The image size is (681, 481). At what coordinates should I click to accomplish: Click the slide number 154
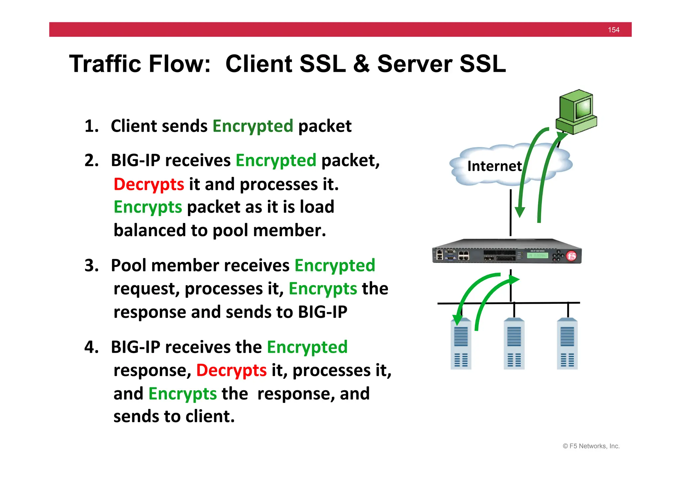coord(613,30)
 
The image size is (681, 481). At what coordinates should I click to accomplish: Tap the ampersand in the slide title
coord(361,64)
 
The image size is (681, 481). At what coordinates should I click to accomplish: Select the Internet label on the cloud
coord(494,166)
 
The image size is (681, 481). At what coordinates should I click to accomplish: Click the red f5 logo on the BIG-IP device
coord(571,256)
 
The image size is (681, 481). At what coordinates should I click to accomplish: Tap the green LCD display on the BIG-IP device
coord(537,255)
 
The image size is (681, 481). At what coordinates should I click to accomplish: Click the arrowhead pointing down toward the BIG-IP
coord(520,212)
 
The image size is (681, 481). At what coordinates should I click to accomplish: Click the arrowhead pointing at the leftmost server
coord(458,319)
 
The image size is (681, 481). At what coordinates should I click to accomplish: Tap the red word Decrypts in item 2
coord(149,184)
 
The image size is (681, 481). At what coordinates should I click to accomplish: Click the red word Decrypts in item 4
coord(231,370)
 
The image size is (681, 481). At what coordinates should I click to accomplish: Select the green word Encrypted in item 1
coord(253,126)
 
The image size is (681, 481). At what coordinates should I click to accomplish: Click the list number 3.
coord(91,266)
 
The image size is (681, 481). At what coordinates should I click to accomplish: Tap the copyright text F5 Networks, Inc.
coord(591,446)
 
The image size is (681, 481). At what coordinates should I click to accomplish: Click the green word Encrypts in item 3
coord(323,289)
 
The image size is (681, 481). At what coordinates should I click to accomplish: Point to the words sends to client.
coord(174,416)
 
